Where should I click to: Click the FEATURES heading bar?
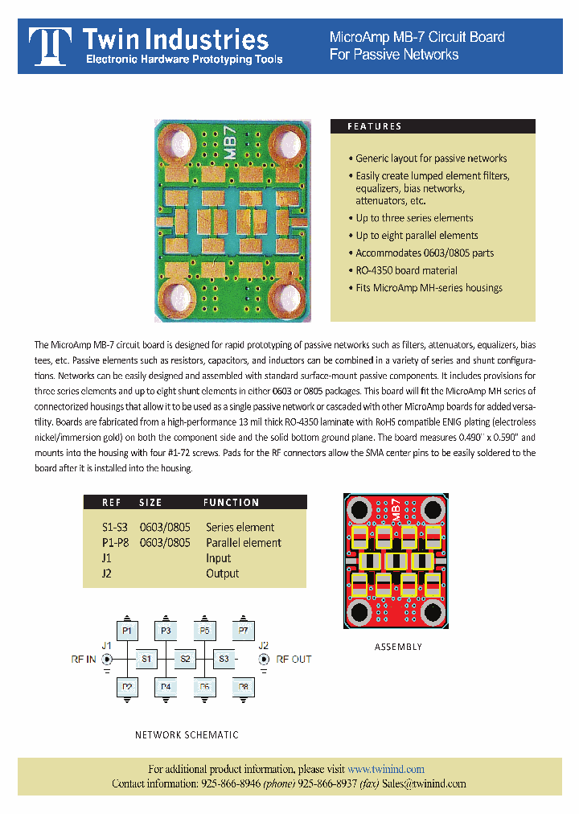(433, 126)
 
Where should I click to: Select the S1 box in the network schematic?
(146, 660)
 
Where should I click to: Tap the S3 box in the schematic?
(224, 660)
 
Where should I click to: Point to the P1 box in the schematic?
(127, 631)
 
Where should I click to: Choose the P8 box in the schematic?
(244, 688)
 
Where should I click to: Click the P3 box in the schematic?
(166, 631)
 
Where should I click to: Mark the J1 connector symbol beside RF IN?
(106, 660)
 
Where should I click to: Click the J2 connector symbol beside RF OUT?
(263, 660)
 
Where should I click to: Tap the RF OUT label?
(294, 660)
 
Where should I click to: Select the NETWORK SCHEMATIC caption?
(187, 735)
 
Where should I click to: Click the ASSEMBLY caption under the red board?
(398, 647)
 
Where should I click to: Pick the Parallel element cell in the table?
(243, 543)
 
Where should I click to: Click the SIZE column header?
(150, 503)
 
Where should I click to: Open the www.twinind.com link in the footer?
(386, 770)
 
